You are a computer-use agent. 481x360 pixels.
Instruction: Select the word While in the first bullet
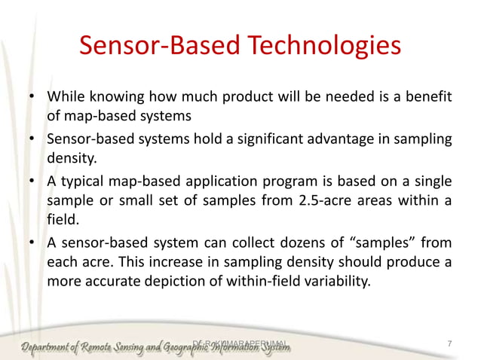(x=65, y=98)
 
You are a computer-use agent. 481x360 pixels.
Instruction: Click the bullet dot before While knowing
(x=32, y=99)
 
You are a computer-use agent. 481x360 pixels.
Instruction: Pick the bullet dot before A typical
(x=32, y=183)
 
